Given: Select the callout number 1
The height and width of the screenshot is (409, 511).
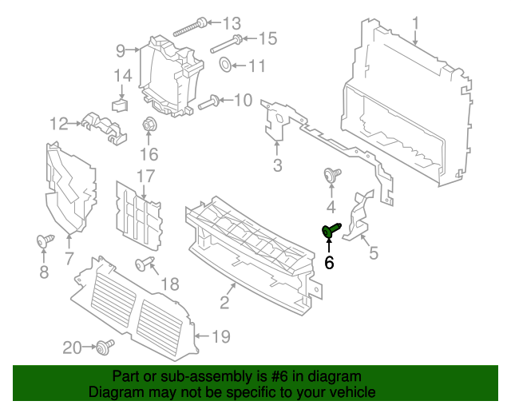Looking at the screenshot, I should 415,22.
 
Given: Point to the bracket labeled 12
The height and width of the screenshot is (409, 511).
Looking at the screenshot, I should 100,125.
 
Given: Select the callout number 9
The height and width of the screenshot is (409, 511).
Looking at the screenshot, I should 121,51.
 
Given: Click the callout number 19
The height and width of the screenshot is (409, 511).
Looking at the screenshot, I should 221,337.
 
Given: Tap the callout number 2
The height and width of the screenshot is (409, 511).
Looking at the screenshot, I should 224,302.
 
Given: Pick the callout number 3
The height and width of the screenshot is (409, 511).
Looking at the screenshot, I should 277,166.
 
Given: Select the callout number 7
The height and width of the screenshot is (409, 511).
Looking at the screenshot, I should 69,258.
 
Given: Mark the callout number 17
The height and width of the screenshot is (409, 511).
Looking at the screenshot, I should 145,176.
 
